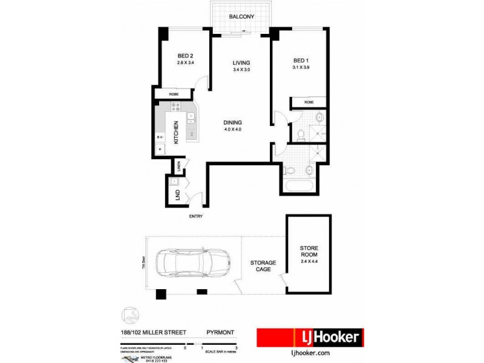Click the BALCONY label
pyautogui.click(x=241, y=17)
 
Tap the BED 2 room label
pyautogui.click(x=185, y=54)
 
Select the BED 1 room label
pyautogui.click(x=301, y=60)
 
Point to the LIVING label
pyautogui.click(x=241, y=63)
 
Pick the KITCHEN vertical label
pyautogui.click(x=176, y=132)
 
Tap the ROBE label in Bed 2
pyautogui.click(x=173, y=94)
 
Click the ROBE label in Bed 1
pyautogui.click(x=309, y=102)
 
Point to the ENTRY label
pyautogui.click(x=195, y=216)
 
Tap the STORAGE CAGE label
pyautogui.click(x=263, y=266)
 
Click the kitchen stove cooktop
pyautogui.click(x=176, y=108)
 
